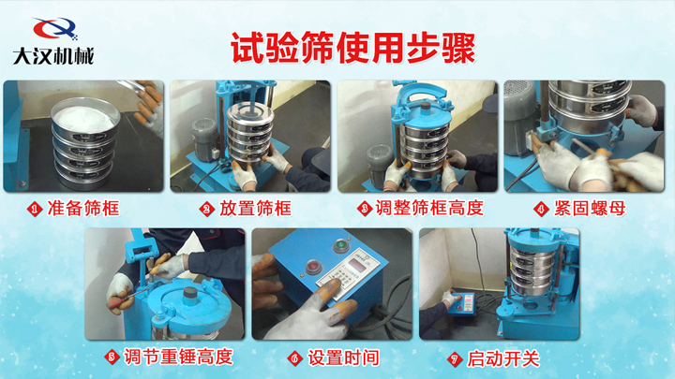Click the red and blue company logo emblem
[55, 29]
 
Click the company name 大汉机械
[52, 56]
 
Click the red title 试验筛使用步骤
[353, 48]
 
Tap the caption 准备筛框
[83, 209]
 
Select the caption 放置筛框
[256, 209]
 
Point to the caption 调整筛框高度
[429, 209]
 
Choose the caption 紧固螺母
[590, 209]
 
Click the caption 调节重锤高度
[179, 357]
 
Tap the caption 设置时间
[343, 357]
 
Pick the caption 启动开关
[503, 358]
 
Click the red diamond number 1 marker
[35, 210]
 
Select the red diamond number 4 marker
[541, 210]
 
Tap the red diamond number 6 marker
[295, 358]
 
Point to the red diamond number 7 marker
[455, 359]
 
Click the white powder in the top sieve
[84, 117]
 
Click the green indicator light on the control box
[341, 246]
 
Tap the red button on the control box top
[313, 267]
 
